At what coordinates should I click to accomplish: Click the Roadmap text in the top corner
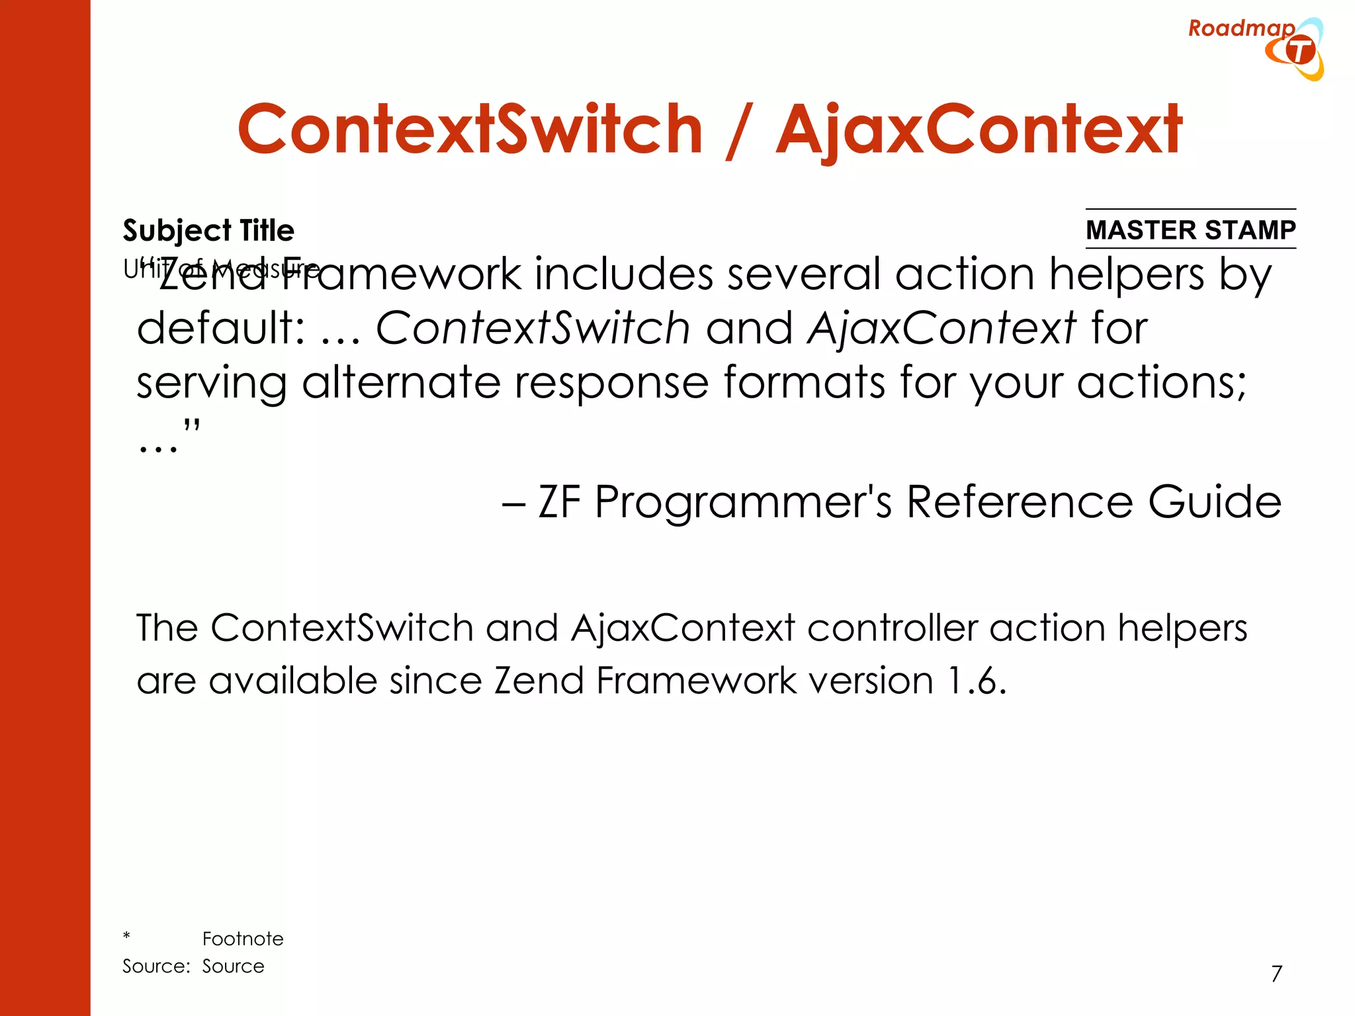tap(1241, 28)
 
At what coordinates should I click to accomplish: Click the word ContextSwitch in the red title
tap(470, 130)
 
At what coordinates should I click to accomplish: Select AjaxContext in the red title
tap(979, 130)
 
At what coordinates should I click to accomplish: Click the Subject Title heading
tap(208, 230)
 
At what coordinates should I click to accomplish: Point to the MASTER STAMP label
tap(1190, 230)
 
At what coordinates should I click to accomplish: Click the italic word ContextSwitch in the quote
tap(533, 328)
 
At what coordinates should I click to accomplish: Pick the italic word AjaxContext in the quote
tap(941, 328)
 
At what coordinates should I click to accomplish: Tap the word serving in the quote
tap(212, 384)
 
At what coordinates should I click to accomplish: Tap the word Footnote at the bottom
tap(243, 939)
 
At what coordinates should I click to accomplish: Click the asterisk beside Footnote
tap(126, 936)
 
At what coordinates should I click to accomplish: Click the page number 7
tap(1276, 974)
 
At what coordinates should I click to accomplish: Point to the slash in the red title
tap(738, 131)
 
